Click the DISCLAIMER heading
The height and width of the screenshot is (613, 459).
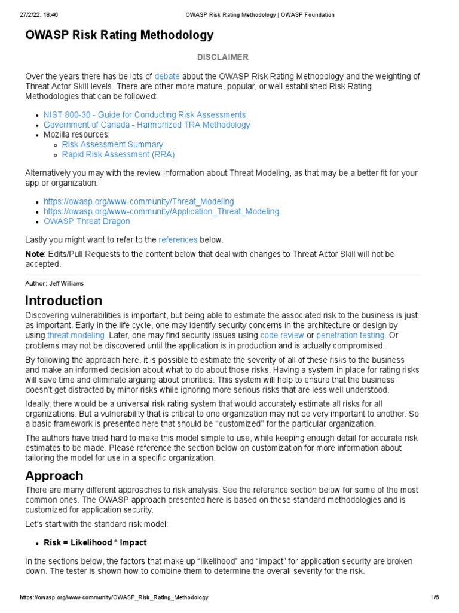coord(223,57)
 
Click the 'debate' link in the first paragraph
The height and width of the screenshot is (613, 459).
coord(167,76)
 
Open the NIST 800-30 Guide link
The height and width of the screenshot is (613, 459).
coord(145,114)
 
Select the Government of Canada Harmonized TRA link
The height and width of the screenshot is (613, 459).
coord(147,125)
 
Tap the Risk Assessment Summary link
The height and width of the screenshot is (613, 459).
coord(112,144)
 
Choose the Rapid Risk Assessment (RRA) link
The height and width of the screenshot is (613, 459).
coord(118,154)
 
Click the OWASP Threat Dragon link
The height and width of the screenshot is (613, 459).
coord(87,221)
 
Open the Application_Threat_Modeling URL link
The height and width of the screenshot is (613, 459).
coord(161,211)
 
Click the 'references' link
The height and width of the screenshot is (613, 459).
coord(178,239)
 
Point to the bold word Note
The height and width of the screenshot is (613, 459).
coord(34,254)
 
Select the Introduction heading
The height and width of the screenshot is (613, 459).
coord(63,301)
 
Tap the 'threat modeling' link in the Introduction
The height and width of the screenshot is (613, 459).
coord(76,335)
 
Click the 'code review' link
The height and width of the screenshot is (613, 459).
coord(282,335)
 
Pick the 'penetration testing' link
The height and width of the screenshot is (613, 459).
coord(351,335)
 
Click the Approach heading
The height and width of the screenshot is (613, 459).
coord(54,475)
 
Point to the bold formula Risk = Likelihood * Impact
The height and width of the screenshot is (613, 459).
coord(95,542)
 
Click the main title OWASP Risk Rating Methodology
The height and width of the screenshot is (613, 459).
coord(119,35)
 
